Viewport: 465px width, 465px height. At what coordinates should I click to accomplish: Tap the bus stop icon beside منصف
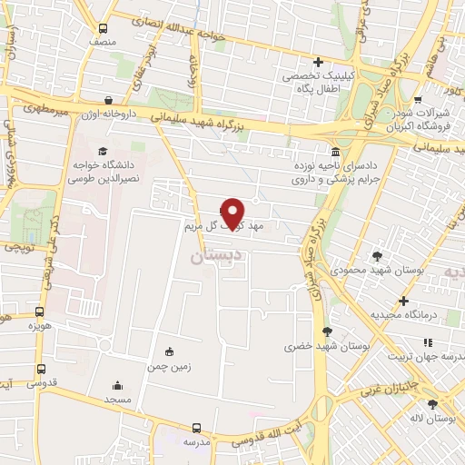pos(103,28)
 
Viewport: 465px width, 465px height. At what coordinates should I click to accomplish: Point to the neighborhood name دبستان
pos(219,256)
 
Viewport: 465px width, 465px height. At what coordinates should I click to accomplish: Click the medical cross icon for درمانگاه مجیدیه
pos(404,300)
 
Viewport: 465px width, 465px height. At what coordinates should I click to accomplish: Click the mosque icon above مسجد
pos(116,385)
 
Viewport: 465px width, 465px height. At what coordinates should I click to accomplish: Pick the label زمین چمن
pos(168,367)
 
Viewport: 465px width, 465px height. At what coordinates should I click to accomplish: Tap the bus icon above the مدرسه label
pos(196,428)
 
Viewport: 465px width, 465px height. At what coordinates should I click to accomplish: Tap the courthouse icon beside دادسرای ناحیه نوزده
pos(336,151)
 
